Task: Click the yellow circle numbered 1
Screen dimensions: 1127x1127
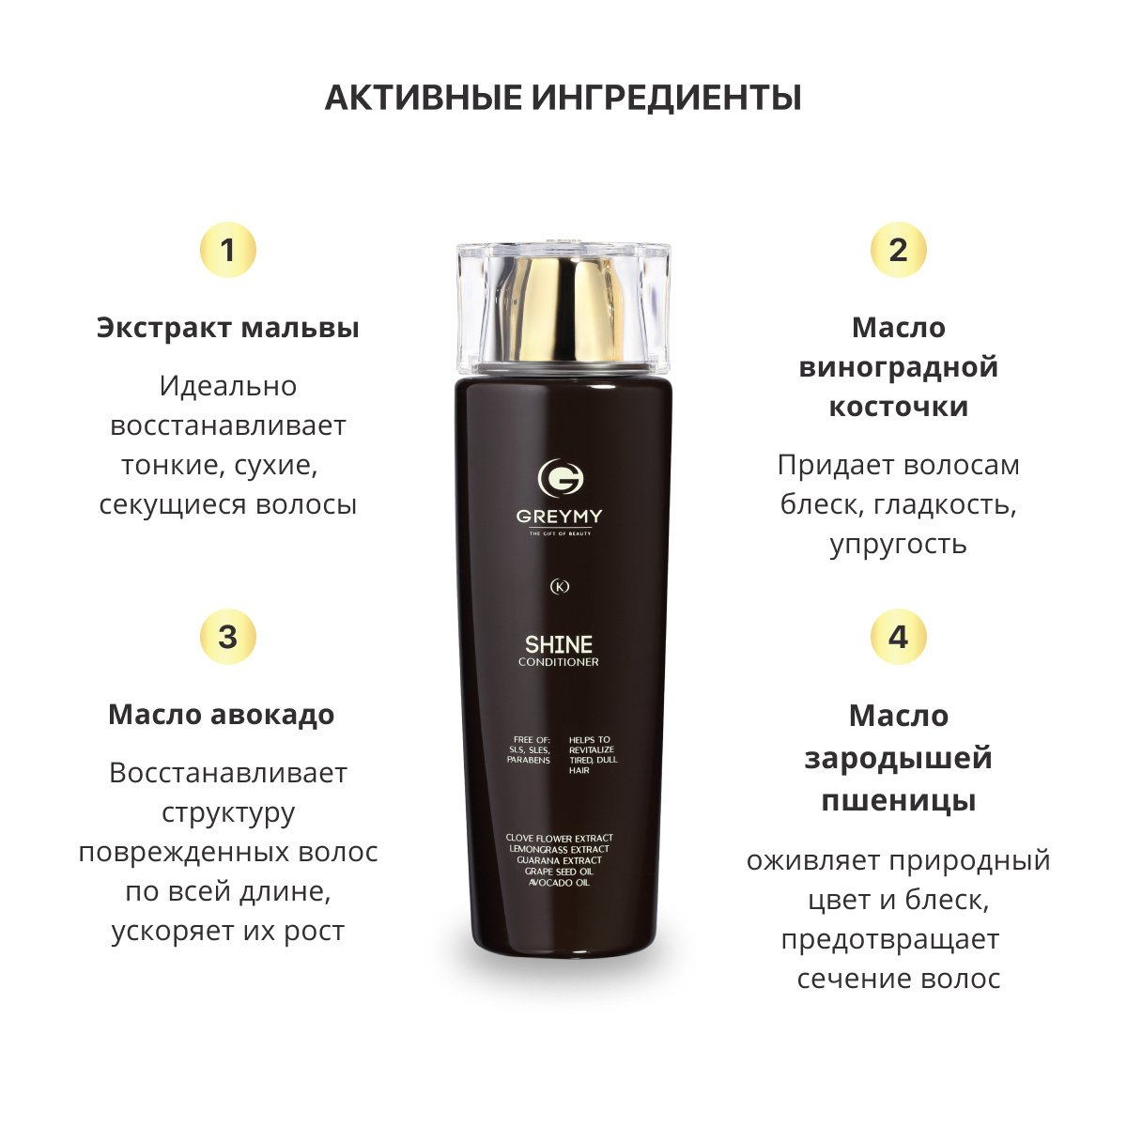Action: coord(228,250)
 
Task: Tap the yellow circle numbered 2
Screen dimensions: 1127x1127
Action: coord(899,250)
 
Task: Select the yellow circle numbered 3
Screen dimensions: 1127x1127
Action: coord(228,637)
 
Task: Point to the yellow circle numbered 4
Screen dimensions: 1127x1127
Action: coord(899,637)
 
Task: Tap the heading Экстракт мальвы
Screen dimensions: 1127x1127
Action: coord(228,328)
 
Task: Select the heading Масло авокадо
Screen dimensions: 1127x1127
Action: coord(222,715)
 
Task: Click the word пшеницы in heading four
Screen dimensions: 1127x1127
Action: coord(899,801)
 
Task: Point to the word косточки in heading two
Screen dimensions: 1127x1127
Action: coord(899,407)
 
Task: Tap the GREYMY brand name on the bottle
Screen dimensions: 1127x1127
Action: coord(559,517)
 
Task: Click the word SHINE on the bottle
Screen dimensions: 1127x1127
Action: coord(559,644)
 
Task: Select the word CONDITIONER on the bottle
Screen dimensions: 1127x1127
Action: coord(559,662)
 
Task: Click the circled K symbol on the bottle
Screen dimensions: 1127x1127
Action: coord(560,587)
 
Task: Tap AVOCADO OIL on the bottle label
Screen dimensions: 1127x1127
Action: coord(559,883)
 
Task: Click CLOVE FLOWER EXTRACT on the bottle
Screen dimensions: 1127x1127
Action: coord(559,838)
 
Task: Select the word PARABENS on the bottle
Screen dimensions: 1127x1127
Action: coord(529,761)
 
